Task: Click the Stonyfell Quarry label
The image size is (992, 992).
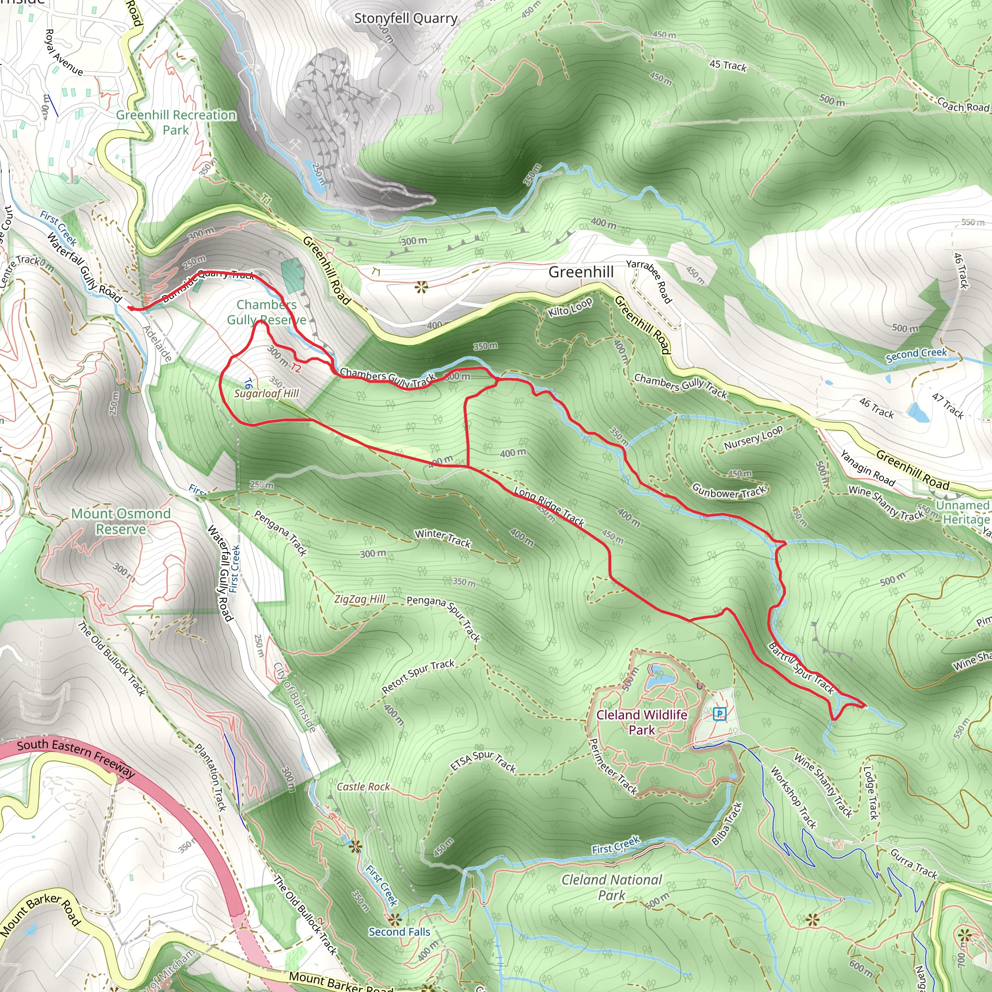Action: (x=405, y=19)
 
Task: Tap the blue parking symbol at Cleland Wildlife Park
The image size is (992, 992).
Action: (x=720, y=713)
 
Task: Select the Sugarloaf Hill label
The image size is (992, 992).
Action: (x=266, y=394)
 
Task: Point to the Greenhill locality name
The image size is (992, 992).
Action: (x=581, y=272)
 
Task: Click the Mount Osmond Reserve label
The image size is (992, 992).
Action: (x=121, y=521)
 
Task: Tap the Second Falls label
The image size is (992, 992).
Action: (x=400, y=932)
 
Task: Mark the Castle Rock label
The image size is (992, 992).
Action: (x=363, y=787)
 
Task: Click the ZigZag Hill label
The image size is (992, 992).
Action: (x=359, y=599)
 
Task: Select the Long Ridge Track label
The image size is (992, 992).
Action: (x=549, y=506)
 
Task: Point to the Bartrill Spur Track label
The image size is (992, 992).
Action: (x=801, y=668)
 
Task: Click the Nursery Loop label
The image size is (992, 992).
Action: (x=753, y=438)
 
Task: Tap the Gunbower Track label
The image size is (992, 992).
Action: (x=728, y=491)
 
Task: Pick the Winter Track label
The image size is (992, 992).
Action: (x=443, y=538)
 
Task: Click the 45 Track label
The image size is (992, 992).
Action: (x=728, y=65)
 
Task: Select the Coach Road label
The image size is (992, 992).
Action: (x=963, y=105)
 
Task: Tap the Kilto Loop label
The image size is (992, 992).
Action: (x=570, y=307)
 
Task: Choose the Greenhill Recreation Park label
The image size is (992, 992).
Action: (x=176, y=122)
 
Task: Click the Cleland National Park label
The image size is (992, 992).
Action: (x=612, y=887)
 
